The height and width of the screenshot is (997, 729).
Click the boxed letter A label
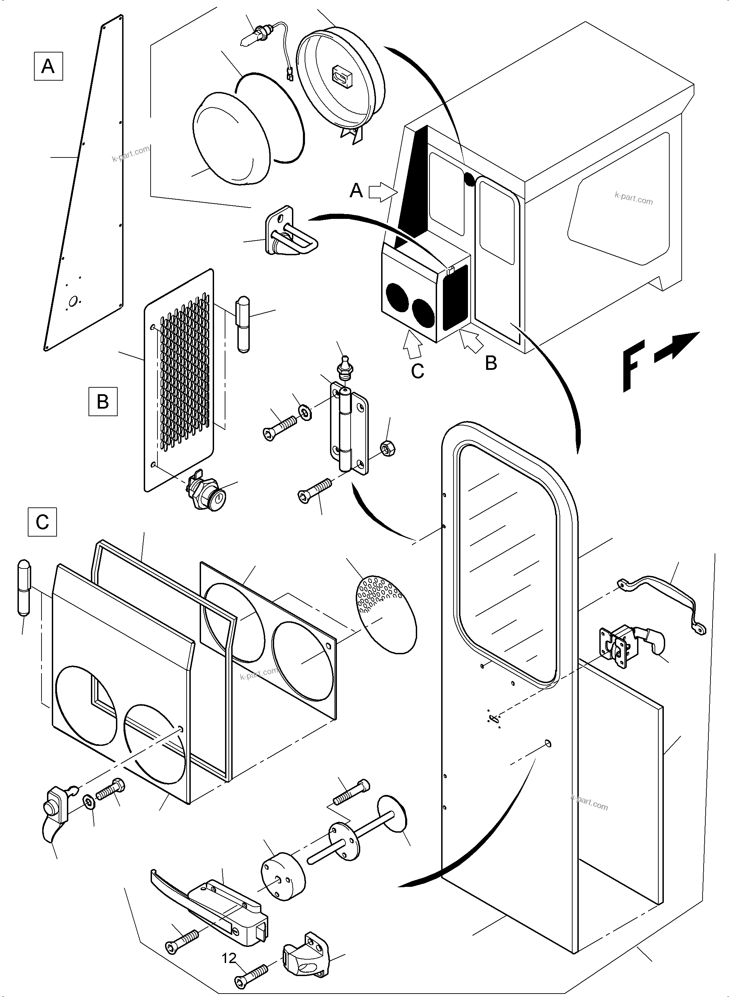(x=48, y=66)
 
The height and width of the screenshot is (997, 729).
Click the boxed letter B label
(x=103, y=402)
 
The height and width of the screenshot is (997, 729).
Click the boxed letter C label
(x=42, y=522)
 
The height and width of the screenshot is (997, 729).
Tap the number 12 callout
(x=229, y=958)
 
